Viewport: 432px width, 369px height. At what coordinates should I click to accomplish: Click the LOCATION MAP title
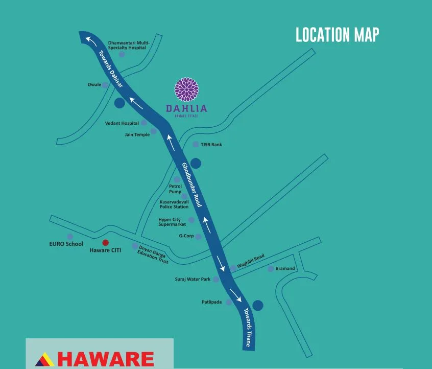click(x=338, y=35)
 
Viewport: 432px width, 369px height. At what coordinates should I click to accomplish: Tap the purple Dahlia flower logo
click(x=186, y=89)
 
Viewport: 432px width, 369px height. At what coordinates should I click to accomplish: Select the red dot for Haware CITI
click(x=106, y=242)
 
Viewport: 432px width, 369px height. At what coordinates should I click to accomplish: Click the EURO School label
click(x=66, y=244)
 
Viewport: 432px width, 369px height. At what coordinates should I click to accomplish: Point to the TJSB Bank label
click(x=211, y=145)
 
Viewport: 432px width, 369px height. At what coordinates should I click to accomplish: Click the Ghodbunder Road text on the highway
click(x=192, y=184)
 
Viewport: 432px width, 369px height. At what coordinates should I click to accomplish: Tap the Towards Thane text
click(x=247, y=328)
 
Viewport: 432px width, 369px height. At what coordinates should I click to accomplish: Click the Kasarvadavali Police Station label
click(x=174, y=204)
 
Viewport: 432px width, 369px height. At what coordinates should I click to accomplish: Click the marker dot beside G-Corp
click(x=199, y=237)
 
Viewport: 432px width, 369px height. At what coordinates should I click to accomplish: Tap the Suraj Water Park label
click(x=193, y=280)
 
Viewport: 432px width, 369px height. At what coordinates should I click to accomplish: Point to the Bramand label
click(x=285, y=268)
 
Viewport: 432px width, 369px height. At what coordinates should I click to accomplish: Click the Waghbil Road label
click(x=250, y=261)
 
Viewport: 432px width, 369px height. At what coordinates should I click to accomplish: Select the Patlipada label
click(x=212, y=302)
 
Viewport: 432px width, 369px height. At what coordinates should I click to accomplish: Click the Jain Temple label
click(x=137, y=134)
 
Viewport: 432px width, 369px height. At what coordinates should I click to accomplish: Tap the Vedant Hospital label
click(x=122, y=123)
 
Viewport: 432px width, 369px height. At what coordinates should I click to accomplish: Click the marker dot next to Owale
click(x=105, y=85)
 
